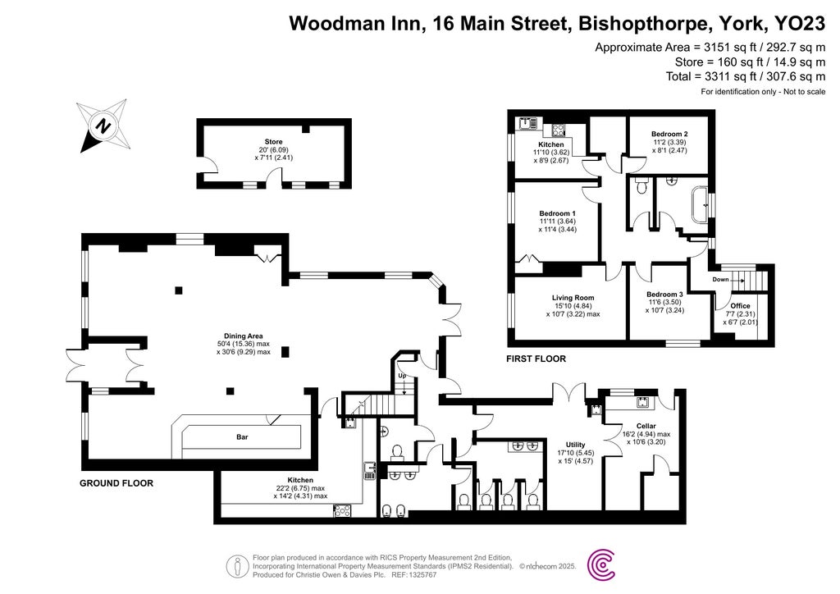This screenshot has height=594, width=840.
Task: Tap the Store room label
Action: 273,142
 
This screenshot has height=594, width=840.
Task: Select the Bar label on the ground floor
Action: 242,438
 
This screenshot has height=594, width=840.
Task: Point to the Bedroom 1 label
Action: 557,213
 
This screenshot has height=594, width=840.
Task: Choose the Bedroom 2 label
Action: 669,134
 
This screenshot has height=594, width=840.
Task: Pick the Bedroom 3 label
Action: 664,295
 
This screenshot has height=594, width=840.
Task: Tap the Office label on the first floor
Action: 728,307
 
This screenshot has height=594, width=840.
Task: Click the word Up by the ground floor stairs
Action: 401,376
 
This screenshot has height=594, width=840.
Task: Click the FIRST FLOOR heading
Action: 537,359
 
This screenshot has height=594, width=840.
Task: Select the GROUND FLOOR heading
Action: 116,483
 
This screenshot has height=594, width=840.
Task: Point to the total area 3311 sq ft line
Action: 745,76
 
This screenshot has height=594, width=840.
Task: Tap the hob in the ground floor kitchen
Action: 342,510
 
